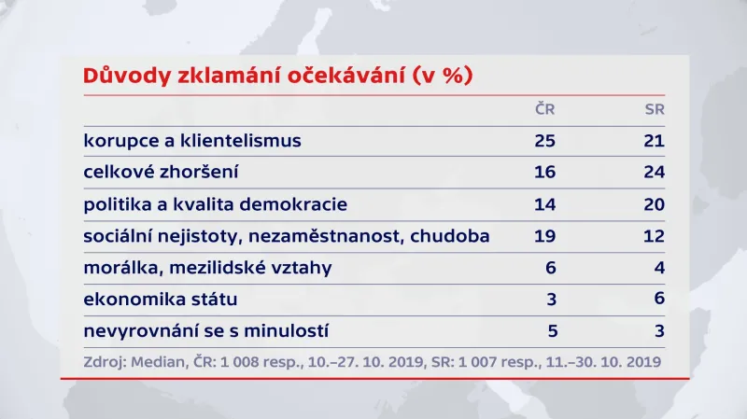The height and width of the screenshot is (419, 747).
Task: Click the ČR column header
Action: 544,109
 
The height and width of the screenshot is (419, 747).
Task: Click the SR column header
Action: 654,109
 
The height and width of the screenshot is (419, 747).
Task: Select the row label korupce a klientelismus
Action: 192,141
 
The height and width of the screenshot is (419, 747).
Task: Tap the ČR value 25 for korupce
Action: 544,141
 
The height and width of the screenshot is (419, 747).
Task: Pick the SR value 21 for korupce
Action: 654,141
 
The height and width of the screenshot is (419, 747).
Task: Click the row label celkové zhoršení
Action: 162,173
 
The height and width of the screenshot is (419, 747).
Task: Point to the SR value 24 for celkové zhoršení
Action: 654,173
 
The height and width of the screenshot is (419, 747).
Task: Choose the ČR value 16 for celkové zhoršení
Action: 544,173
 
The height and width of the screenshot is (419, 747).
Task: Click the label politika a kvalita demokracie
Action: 215,204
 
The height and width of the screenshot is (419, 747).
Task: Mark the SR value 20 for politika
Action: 654,204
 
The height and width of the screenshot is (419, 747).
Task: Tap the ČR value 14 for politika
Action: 544,204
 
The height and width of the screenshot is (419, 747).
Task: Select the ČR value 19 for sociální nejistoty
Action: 544,236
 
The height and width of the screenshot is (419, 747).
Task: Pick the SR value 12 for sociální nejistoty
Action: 654,236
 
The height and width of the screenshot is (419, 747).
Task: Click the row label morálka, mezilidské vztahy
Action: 207,269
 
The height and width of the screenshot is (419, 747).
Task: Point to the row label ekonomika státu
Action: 160,300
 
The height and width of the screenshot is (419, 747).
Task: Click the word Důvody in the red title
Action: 125,77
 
